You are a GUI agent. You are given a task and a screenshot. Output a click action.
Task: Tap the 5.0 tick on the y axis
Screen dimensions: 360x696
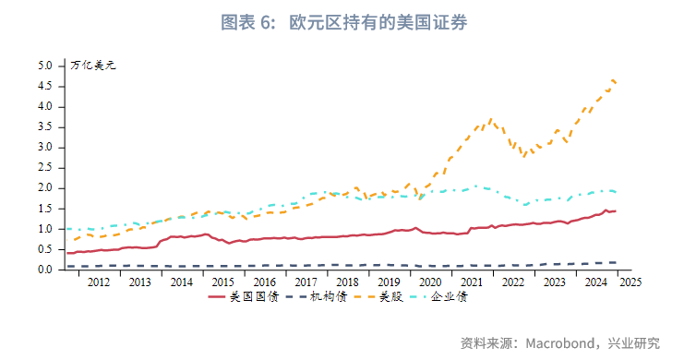point(46,66)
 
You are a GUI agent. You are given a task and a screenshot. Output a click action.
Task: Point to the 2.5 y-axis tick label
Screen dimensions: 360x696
point(46,168)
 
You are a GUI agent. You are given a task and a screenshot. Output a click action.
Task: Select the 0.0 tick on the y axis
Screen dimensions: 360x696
point(46,270)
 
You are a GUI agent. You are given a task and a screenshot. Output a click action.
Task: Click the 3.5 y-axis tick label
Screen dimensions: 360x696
point(46,127)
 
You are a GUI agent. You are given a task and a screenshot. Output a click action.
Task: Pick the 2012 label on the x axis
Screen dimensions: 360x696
point(99,282)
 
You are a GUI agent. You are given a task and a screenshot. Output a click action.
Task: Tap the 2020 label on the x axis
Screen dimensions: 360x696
point(430,282)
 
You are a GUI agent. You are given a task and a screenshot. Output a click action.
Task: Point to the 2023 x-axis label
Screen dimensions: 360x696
point(553,282)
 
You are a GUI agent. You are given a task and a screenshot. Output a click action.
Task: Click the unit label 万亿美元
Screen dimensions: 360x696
point(94,66)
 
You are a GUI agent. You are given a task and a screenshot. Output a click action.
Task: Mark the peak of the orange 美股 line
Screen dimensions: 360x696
point(613,80)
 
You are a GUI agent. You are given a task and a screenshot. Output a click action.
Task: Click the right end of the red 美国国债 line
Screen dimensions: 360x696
point(616,211)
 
